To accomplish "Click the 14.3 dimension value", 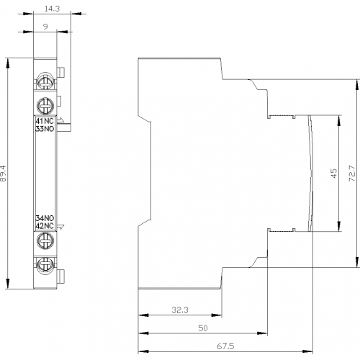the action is (52, 9).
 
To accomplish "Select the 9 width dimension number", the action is (45, 27).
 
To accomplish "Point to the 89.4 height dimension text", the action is (4, 174).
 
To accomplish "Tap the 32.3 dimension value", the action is (180, 310).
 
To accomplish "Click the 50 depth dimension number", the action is (203, 328).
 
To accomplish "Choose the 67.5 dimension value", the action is (225, 346).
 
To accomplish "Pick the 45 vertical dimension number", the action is (333, 174).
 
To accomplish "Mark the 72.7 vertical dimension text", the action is (352, 174).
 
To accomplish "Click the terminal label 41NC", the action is (45, 121).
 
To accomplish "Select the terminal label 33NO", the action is (45, 129).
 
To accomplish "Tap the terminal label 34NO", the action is (45, 218).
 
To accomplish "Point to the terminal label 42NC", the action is (45, 226).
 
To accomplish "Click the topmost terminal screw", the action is (45, 81).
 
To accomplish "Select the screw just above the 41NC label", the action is (45, 106).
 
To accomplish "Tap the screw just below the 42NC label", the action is (45, 240).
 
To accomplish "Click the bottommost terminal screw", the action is (45, 266).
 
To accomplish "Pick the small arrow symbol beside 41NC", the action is (61, 120).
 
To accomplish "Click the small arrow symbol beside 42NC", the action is (61, 226).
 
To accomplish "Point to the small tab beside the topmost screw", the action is (60, 72).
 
